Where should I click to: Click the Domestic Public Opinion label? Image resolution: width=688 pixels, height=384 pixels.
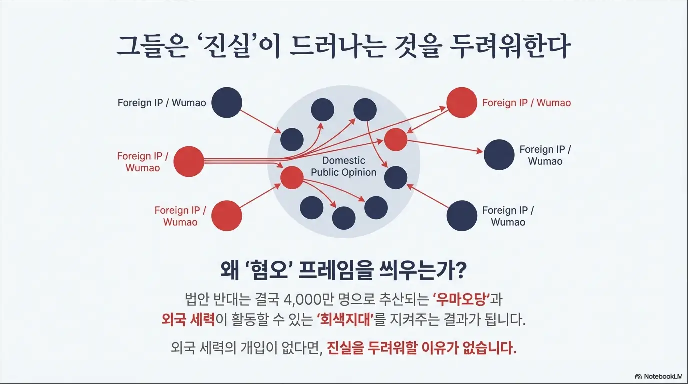click(x=344, y=166)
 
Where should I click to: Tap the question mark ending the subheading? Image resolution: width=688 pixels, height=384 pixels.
click(x=461, y=272)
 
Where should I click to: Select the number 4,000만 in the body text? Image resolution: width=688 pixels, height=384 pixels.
click(x=305, y=300)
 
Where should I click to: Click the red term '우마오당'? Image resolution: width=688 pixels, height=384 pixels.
click(x=461, y=300)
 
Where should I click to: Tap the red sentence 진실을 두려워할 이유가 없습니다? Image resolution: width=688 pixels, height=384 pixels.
click(x=421, y=348)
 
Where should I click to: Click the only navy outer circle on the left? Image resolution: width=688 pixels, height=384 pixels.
click(x=227, y=103)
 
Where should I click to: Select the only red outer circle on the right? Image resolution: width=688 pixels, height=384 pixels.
click(x=462, y=103)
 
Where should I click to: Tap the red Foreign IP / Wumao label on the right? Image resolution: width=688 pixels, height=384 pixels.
click(x=526, y=103)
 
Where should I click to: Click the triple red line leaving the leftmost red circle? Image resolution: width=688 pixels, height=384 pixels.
click(x=235, y=161)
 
